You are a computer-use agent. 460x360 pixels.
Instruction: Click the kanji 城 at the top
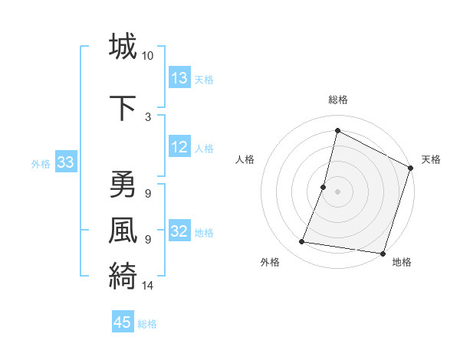pos(123,46)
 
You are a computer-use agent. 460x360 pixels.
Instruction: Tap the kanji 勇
pos(123,185)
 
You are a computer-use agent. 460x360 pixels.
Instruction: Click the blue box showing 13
pos(179,78)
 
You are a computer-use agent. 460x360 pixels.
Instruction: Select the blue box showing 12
pos(179,147)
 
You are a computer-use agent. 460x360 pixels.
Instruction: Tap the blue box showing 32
pos(179,231)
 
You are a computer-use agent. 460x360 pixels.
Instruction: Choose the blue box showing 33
pos(65,162)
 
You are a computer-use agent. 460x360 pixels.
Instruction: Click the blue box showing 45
pos(123,322)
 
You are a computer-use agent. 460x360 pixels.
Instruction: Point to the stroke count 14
pos(148,286)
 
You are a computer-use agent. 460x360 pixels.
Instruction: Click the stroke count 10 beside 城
pos(148,56)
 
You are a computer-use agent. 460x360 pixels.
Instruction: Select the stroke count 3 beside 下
pos(147,116)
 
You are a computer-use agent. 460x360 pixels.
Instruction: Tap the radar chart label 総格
pos(337,100)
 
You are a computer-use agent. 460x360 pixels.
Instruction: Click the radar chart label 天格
pos(431,159)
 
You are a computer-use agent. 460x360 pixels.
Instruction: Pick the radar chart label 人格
pos(245,159)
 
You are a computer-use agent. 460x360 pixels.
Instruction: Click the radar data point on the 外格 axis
pos(302,242)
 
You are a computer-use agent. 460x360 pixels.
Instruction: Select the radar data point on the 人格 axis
pos(324,187)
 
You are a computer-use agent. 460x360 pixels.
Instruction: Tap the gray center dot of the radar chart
pos(337,191)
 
